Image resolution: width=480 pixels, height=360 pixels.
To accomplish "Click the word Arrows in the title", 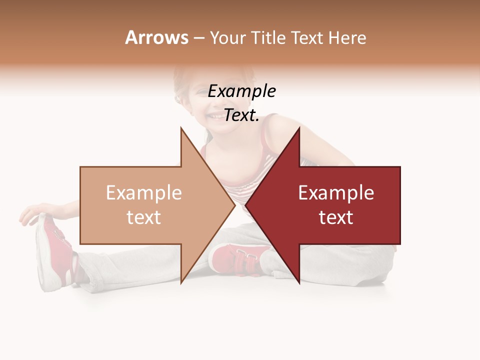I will point(157,38).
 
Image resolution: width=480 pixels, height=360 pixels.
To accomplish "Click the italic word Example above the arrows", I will point(242,91).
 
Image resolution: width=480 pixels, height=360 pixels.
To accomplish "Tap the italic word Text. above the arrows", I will point(241,115).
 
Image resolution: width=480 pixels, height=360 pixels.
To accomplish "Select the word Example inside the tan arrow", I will point(143,193).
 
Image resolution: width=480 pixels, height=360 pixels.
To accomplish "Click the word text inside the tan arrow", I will point(143,217).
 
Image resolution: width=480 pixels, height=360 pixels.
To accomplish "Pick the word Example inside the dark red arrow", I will point(336,193).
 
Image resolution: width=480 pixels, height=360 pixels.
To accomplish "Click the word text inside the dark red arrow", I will point(336,217).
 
